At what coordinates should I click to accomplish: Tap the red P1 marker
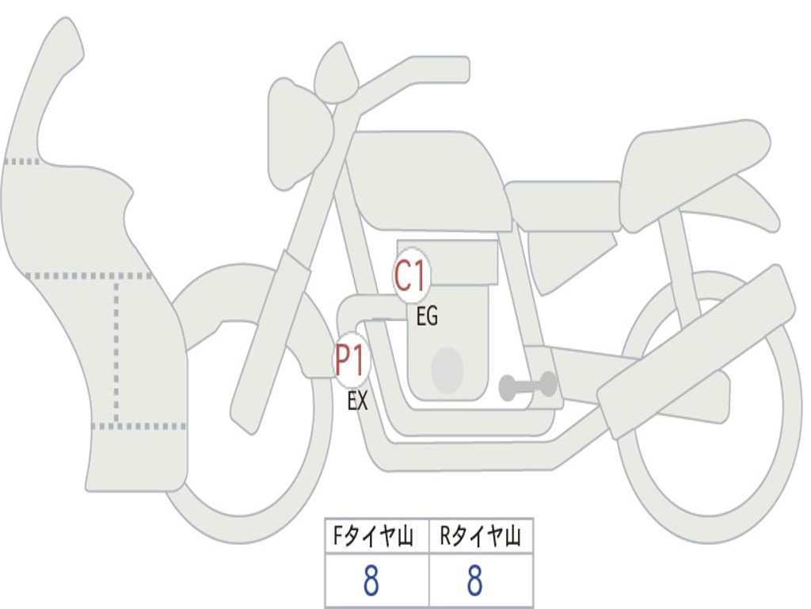tap(350, 361)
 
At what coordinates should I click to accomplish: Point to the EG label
tap(426, 318)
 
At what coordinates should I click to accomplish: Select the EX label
tap(357, 401)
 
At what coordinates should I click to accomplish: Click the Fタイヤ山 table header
tap(376, 538)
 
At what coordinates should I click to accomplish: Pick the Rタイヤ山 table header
tap(481, 538)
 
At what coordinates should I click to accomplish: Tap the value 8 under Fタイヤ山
tap(371, 582)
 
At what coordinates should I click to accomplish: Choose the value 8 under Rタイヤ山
tap(474, 582)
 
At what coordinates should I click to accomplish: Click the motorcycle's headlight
tap(297, 135)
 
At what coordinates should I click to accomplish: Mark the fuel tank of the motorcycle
tap(428, 178)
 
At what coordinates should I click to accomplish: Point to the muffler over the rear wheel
tap(697, 353)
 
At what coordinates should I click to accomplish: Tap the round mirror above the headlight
tap(336, 75)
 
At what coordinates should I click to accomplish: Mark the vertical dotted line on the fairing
tap(116, 349)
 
